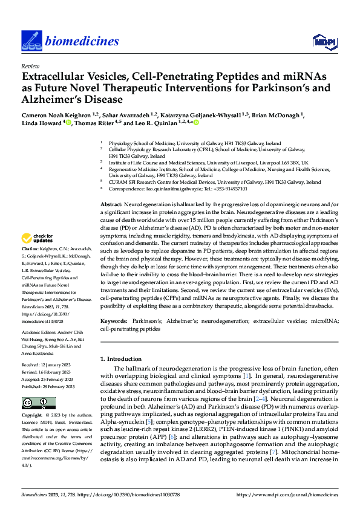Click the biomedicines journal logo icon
(x=31, y=41)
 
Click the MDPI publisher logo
(x=323, y=41)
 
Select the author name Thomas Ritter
(x=94, y=123)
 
